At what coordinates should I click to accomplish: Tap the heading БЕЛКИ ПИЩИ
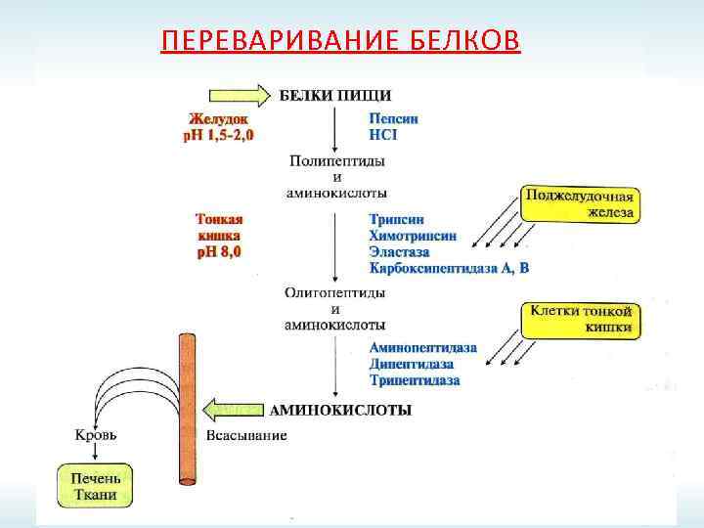[336, 95]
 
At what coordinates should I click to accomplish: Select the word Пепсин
[394, 118]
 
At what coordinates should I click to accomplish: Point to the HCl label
[383, 134]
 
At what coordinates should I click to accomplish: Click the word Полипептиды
[336, 159]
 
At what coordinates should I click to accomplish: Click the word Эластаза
[403, 251]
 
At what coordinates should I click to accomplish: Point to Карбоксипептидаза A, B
[449, 267]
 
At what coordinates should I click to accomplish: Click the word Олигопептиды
[335, 292]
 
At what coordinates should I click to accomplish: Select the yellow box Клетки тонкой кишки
[581, 320]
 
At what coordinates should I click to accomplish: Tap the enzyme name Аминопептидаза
[422, 347]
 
